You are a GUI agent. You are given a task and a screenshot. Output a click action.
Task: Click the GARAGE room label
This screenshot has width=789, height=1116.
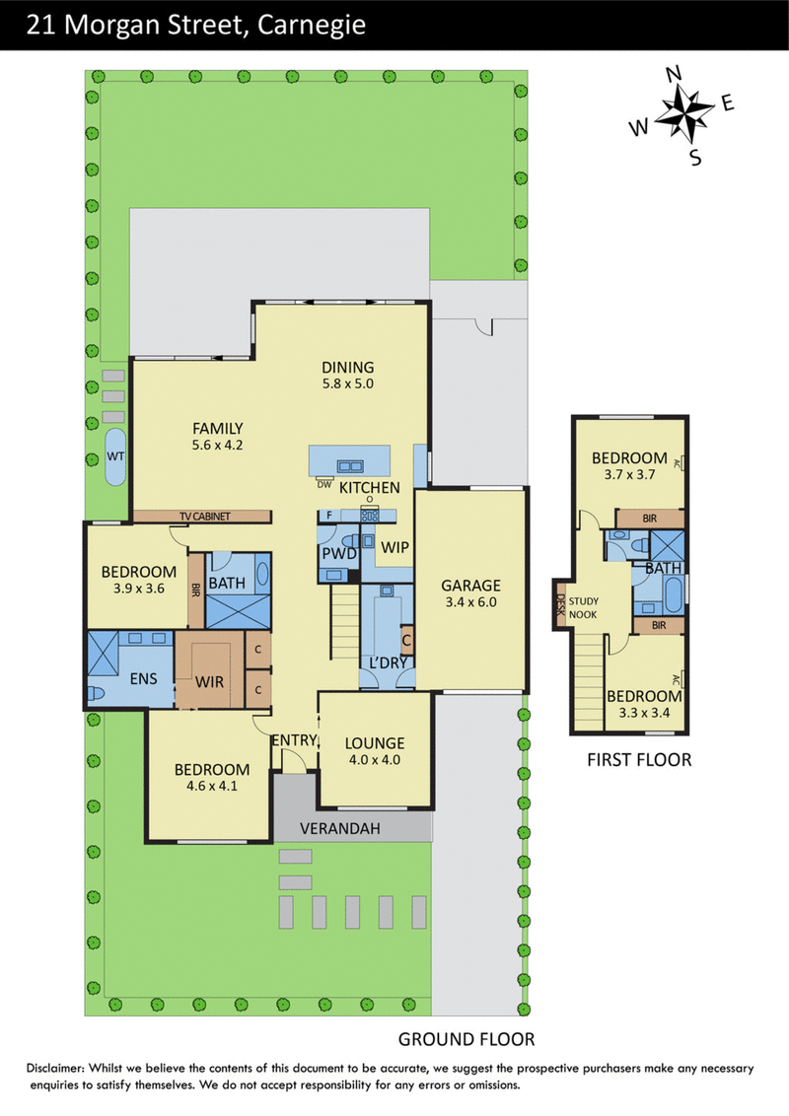click(x=470, y=585)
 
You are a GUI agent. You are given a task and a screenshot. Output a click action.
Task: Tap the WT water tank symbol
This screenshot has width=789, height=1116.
click(x=115, y=456)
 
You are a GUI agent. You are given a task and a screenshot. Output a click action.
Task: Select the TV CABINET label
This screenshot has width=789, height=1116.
click(x=205, y=516)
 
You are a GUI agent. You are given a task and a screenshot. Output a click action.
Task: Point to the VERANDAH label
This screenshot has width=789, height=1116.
click(x=339, y=828)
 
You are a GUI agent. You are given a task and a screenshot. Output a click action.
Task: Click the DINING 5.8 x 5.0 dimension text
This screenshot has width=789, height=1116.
click(x=347, y=384)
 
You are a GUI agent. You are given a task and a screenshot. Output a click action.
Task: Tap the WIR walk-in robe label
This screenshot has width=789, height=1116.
click(x=209, y=682)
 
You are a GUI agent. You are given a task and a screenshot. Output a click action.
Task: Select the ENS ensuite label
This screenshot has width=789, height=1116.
click(x=143, y=679)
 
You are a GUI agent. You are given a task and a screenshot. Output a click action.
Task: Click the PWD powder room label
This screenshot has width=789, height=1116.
click(x=339, y=554)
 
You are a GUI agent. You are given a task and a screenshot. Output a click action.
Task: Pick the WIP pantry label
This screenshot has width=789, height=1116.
click(x=395, y=547)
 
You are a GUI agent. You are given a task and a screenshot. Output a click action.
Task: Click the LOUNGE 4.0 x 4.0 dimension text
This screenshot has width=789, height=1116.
click(x=375, y=760)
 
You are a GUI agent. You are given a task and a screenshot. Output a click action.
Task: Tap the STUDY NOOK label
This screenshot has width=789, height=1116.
click(x=583, y=608)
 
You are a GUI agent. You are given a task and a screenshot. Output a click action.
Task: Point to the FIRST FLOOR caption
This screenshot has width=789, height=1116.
click(x=639, y=760)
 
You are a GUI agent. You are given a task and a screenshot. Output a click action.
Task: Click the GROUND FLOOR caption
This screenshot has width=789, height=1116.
click(x=466, y=1039)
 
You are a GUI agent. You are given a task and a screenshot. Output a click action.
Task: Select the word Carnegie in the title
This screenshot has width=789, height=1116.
click(x=312, y=25)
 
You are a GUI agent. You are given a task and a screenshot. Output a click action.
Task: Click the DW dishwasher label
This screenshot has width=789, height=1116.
click(x=324, y=484)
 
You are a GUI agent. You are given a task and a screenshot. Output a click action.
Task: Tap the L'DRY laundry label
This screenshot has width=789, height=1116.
click(x=389, y=663)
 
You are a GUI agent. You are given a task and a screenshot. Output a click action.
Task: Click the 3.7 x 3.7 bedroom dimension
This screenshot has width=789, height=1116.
click(x=629, y=475)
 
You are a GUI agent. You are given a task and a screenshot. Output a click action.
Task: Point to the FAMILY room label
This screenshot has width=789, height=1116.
click(x=218, y=429)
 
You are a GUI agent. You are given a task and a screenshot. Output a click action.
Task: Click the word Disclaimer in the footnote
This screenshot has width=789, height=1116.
click(x=55, y=1068)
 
